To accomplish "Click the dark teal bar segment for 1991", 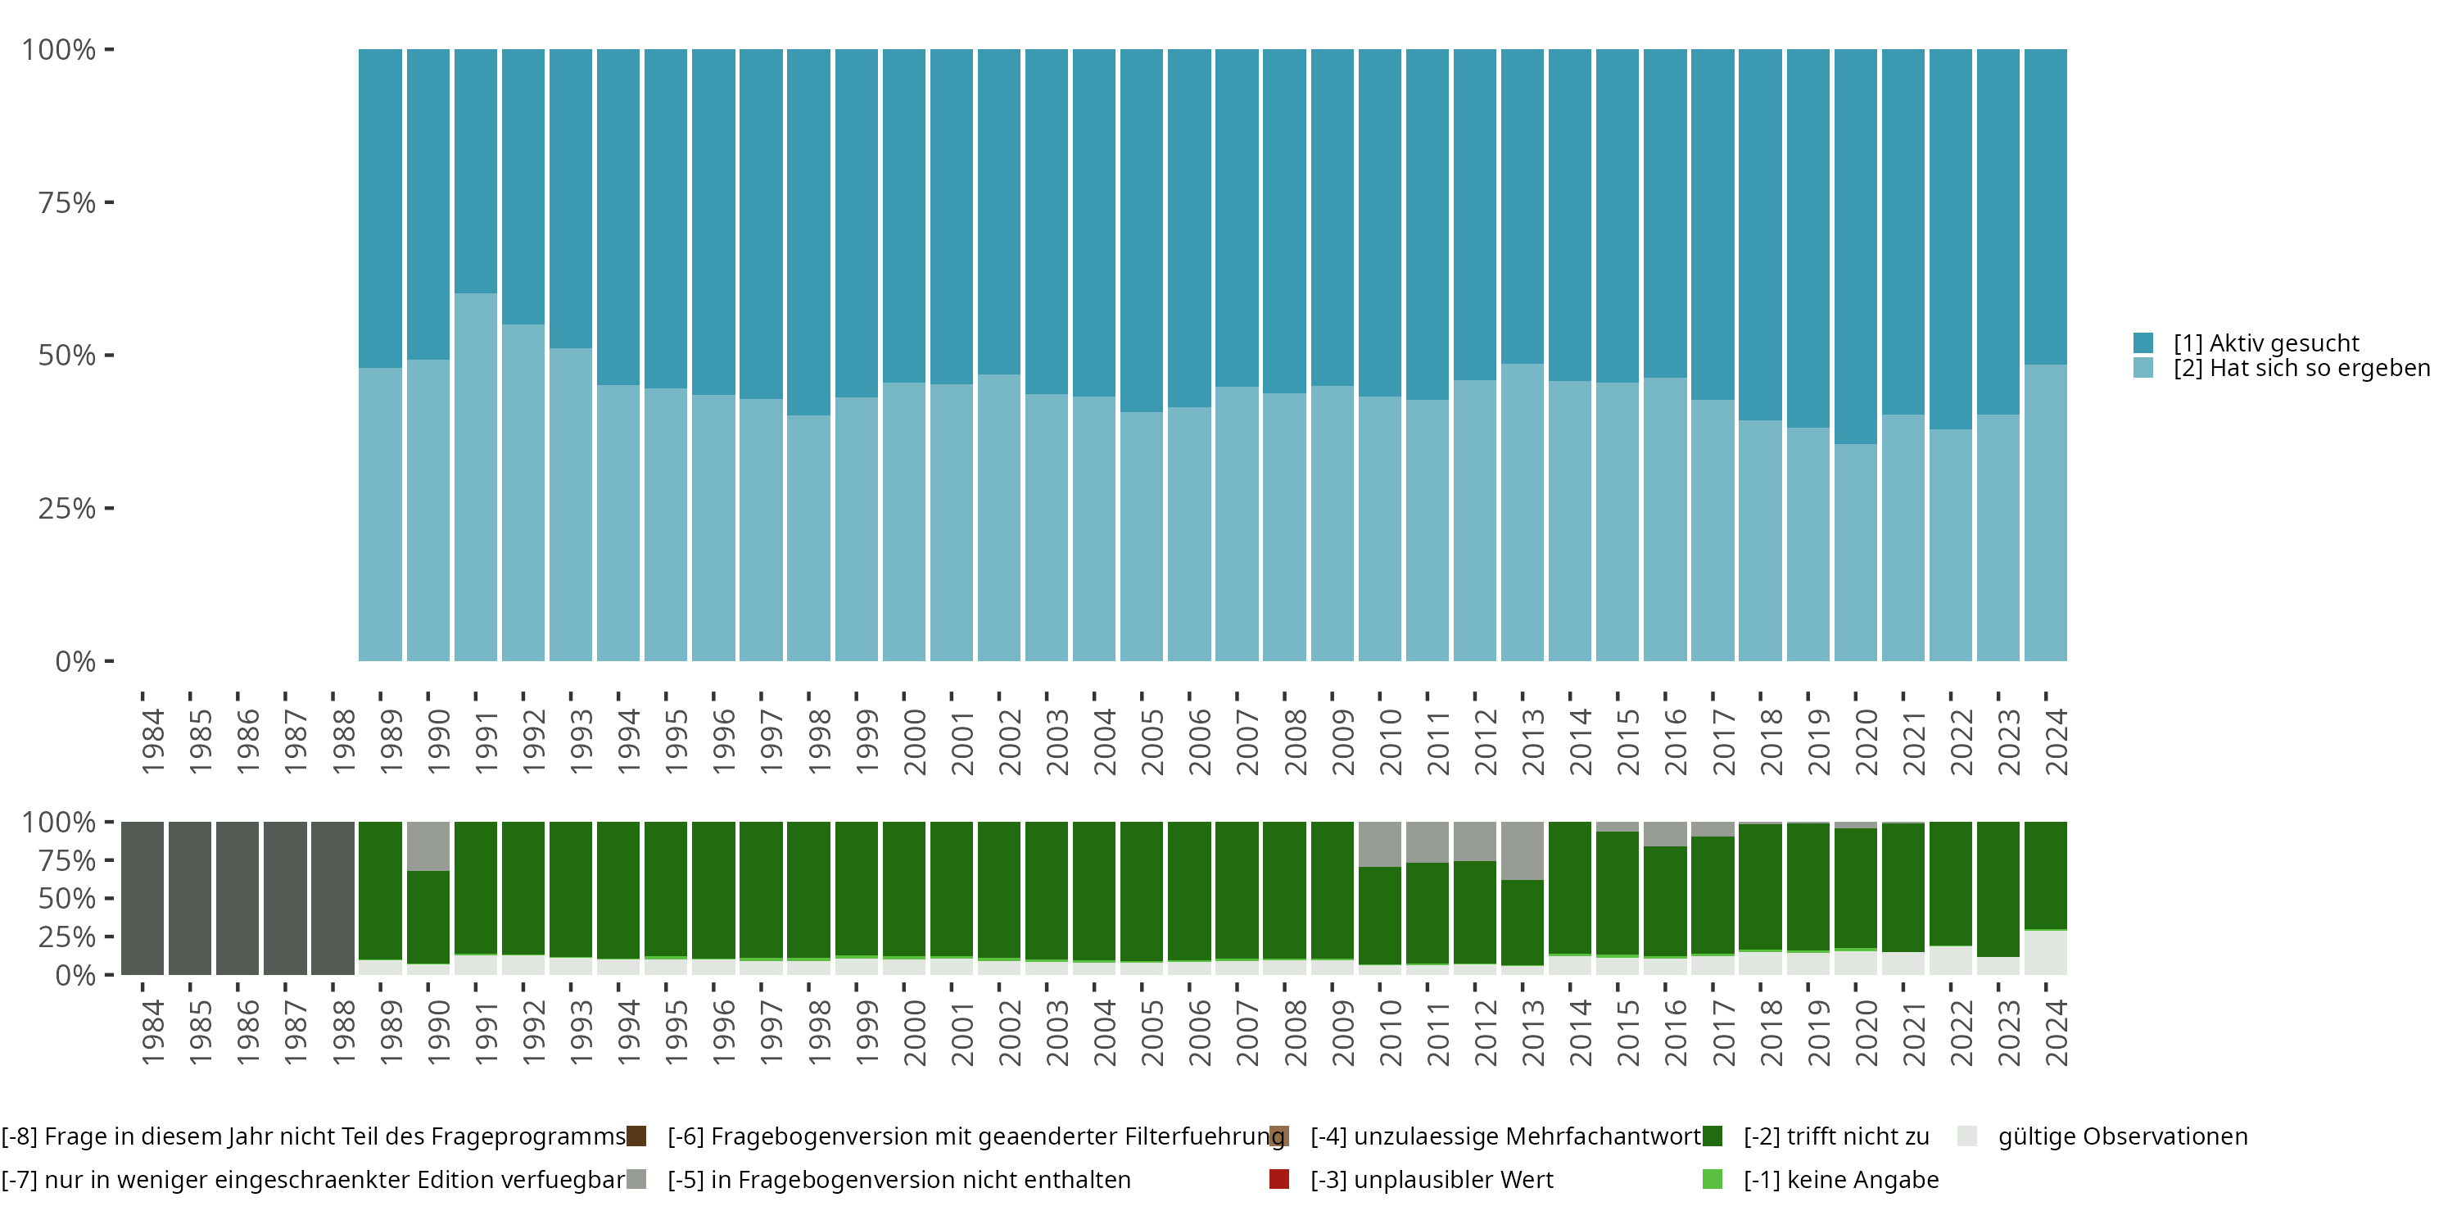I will click(x=475, y=172).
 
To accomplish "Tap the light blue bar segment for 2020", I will click(x=1855, y=552).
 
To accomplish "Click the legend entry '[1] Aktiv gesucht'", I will click(x=2265, y=343).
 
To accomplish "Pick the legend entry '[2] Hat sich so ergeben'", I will click(x=2301, y=369).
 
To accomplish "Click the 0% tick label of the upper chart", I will click(x=75, y=661).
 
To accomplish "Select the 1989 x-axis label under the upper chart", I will click(x=390, y=741).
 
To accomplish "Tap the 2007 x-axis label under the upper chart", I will click(x=1247, y=741).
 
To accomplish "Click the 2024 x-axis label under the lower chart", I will click(x=2056, y=1032).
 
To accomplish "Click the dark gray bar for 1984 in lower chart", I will click(x=143, y=898).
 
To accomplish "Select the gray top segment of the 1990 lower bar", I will click(x=428, y=846).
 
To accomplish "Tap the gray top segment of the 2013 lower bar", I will click(x=1523, y=850).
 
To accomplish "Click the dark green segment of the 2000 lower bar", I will click(x=903, y=888).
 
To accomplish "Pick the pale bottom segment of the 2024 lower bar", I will click(x=2045, y=952).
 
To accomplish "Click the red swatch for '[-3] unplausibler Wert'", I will click(x=1279, y=1179).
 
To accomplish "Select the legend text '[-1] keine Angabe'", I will click(x=1841, y=1179).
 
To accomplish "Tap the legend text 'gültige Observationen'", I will click(x=2122, y=1136).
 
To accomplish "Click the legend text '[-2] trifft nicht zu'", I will click(x=1836, y=1136).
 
